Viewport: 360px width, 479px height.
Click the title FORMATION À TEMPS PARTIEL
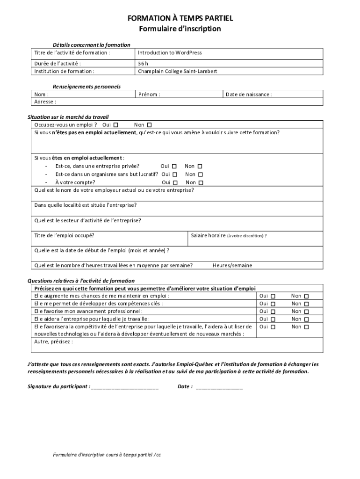(180, 18)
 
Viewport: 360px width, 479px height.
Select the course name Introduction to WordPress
(170, 53)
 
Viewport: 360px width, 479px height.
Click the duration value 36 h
(143, 64)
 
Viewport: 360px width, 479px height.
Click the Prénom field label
(149, 94)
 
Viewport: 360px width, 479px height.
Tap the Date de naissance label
(248, 94)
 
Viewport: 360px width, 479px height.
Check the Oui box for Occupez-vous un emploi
(116, 125)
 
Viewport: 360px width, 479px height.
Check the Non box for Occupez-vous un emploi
(150, 125)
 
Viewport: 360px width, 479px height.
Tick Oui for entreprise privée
(174, 166)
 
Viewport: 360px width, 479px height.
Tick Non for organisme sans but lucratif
(200, 174)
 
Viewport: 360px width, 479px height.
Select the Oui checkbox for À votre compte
(175, 182)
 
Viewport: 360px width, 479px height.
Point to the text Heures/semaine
(232, 265)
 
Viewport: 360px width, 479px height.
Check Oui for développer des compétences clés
(274, 304)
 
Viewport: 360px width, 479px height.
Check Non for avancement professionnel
(307, 312)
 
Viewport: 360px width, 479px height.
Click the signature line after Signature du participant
(125, 387)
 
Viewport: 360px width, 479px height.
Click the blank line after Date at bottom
(219, 387)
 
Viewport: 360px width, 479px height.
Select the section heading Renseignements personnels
(87, 87)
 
